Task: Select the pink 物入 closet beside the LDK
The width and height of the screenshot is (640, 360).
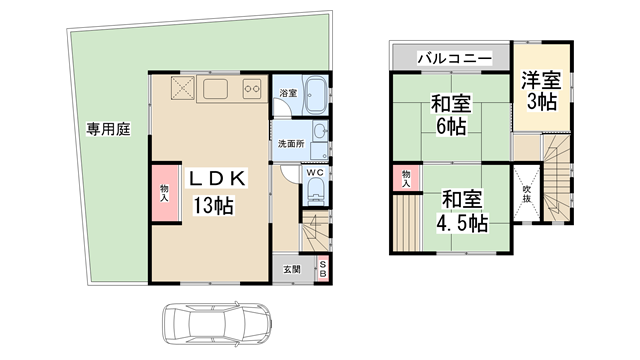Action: pos(163,191)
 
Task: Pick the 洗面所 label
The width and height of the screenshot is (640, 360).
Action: pos(291,143)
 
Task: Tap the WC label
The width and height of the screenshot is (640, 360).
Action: pos(312,172)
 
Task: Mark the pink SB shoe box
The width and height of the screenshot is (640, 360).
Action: pos(323,268)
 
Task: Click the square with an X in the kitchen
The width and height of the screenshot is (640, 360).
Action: pos(183,89)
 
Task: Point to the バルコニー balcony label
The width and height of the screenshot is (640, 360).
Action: pos(453,59)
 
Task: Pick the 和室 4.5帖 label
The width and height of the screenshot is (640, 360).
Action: pos(462,211)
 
